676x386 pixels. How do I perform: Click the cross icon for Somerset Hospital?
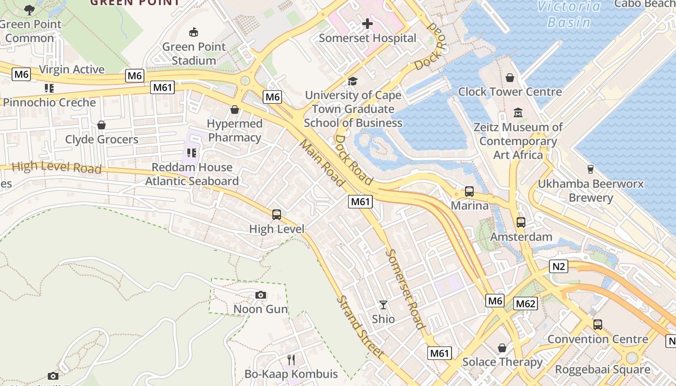coord(367,23)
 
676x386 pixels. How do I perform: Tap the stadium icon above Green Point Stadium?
coord(194,32)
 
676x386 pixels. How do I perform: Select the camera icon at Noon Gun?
coord(260,295)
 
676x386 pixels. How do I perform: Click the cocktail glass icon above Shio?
coord(383,305)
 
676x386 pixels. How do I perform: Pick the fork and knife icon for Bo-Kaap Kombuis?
coord(291,360)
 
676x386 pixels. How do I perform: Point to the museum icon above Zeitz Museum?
coord(518,113)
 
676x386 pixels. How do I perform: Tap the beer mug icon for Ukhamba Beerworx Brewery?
coord(590,169)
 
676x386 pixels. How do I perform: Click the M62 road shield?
coord(525,303)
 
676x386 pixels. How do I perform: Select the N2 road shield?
coord(558,266)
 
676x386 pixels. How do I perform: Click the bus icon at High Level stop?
coord(277,215)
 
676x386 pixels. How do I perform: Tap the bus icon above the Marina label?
coord(469,192)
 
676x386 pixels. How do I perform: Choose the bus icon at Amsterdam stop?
coord(521,222)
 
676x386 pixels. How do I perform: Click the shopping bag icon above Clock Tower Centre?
coord(510,78)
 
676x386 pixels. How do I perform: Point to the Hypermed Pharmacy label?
coord(235,131)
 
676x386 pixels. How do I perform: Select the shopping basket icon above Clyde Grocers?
coord(101,125)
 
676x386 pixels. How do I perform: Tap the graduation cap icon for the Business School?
coord(353,81)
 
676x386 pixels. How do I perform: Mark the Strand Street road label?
coord(360,327)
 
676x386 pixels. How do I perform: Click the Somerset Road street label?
coord(405,289)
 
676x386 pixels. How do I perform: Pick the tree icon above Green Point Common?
coord(29,10)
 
